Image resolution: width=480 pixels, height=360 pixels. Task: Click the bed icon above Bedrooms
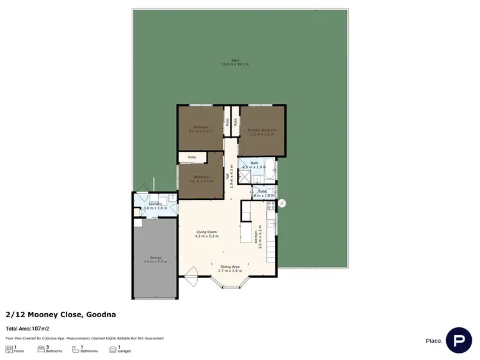click(41, 348)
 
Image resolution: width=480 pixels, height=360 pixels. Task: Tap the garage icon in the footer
click(113, 348)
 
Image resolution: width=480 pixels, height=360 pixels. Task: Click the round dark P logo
click(459, 340)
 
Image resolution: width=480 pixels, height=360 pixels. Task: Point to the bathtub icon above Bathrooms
click(76, 348)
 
